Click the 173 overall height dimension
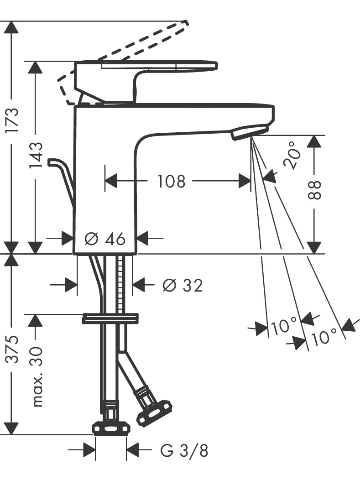[x=13, y=120]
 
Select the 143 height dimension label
[x=36, y=155]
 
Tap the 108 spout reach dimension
[x=172, y=181]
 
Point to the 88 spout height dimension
[x=314, y=190]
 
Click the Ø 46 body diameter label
[x=105, y=239]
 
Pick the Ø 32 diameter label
[x=183, y=286]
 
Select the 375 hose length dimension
[x=13, y=350]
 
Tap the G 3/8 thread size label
[x=184, y=451]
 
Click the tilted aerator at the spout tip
[x=250, y=131]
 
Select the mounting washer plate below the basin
[x=110, y=318]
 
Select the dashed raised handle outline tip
[x=186, y=22]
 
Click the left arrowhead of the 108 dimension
[x=111, y=181]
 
